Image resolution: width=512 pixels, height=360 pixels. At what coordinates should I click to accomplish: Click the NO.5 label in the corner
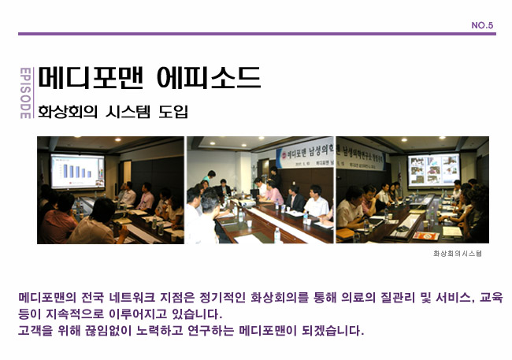[482, 25]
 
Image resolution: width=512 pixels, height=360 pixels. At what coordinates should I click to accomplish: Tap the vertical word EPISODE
[24, 92]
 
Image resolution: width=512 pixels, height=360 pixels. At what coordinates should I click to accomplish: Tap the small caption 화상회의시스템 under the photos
[457, 254]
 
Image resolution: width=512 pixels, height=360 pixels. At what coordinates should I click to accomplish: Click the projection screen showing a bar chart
[78, 169]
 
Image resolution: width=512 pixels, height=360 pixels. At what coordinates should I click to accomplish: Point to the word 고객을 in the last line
[35, 330]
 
